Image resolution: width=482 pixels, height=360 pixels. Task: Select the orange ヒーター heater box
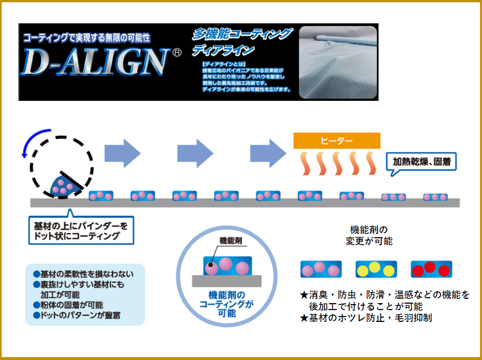tap(337, 141)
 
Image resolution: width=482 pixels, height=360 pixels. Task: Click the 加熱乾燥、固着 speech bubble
tap(421, 161)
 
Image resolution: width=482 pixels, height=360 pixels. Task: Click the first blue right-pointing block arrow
tap(122, 152)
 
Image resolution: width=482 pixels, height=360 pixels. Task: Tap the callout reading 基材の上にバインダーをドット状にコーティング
tap(81, 230)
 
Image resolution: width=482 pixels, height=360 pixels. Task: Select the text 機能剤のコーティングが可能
tap(226, 304)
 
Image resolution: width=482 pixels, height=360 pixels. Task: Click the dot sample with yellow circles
tap(376, 269)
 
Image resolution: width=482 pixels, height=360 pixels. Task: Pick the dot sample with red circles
tap(431, 269)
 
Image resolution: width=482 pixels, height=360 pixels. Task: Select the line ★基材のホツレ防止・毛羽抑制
tap(366, 318)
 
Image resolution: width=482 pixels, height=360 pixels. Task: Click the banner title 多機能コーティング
tap(242, 35)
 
